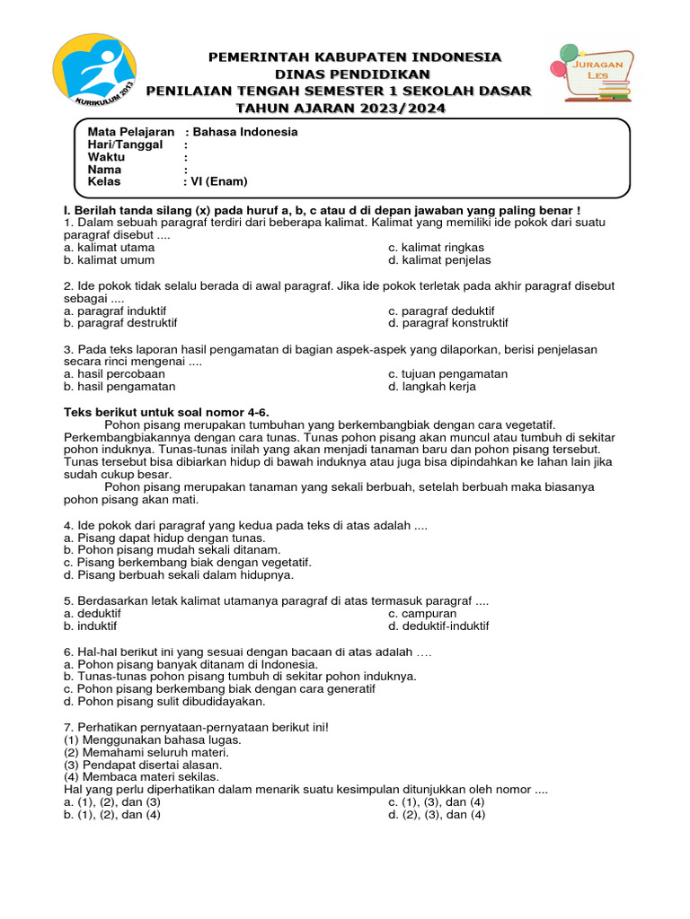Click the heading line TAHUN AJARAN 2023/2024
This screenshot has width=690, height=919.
pyautogui.click(x=340, y=109)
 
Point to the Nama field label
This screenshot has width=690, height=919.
pyautogui.click(x=104, y=170)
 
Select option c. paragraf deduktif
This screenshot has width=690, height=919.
pyautogui.click(x=441, y=311)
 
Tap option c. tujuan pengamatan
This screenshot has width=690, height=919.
pyautogui.click(x=447, y=373)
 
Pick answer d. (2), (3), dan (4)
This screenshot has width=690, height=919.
pyautogui.click(x=437, y=815)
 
